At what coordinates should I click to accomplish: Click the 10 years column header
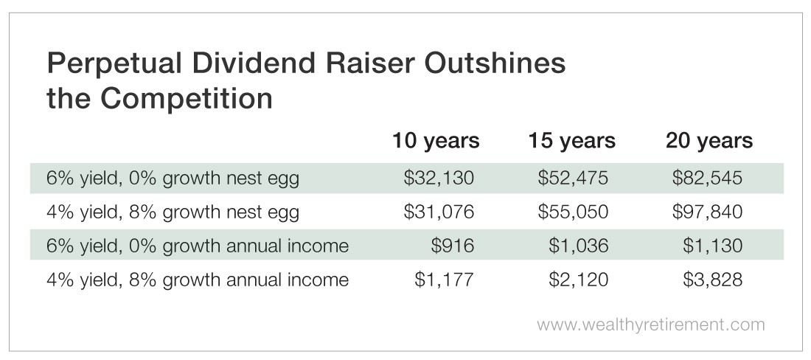[x=436, y=141]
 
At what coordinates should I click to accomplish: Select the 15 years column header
[x=571, y=141]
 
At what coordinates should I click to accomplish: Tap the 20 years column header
[x=709, y=141]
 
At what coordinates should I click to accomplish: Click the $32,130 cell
[x=439, y=178]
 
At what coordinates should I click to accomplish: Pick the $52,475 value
[x=573, y=178]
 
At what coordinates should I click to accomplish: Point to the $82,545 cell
[x=707, y=178]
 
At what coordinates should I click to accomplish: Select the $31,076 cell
[x=439, y=212]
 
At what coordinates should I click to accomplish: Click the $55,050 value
[x=573, y=212]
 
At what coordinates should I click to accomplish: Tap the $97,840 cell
[x=707, y=212]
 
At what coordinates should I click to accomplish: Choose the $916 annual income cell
[x=453, y=245]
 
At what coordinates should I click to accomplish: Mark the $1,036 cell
[x=578, y=245]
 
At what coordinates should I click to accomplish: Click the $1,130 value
[x=712, y=245]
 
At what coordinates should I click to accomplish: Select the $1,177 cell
[x=444, y=280]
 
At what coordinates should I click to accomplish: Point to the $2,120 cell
[x=578, y=280]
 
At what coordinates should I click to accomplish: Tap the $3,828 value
[x=712, y=280]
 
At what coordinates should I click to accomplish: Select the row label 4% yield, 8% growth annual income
[x=198, y=280]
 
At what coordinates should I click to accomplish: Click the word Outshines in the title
[x=494, y=64]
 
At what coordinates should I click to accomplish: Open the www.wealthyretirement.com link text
[x=651, y=325]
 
